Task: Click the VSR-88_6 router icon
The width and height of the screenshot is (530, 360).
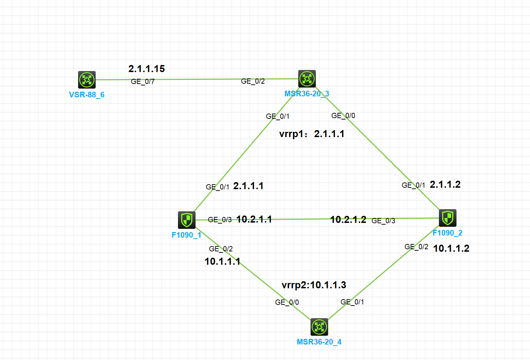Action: [x=87, y=80]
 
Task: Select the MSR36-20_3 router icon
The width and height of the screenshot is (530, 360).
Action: [x=307, y=79]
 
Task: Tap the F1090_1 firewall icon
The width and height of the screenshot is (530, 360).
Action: [x=186, y=220]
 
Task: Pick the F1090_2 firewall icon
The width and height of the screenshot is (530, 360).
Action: [x=447, y=218]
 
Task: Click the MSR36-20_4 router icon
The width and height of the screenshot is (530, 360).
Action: [x=319, y=327]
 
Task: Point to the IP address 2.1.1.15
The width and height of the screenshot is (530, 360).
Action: [x=146, y=69]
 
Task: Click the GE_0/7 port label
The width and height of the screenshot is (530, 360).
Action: [x=142, y=82]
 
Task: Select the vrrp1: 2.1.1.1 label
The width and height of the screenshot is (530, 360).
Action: [x=312, y=134]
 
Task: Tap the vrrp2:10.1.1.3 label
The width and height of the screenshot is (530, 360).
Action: [x=314, y=285]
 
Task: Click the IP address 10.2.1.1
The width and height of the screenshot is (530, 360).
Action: [x=254, y=219]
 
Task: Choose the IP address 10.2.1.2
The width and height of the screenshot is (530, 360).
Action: [x=348, y=220]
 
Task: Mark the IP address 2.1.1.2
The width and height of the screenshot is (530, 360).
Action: [x=445, y=185]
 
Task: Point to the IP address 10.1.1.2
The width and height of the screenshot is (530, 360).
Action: [x=451, y=249]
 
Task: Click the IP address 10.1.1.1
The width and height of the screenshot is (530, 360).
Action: [x=222, y=262]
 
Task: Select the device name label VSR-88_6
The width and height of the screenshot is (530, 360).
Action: [x=87, y=95]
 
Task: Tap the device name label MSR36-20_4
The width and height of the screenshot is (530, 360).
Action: [x=319, y=342]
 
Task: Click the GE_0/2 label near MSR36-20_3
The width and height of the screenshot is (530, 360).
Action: [x=253, y=81]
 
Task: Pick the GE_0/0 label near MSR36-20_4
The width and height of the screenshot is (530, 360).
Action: [x=287, y=302]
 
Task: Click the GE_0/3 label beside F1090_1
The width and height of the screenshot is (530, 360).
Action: [x=219, y=220]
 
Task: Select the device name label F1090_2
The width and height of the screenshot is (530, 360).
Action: [x=447, y=233]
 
